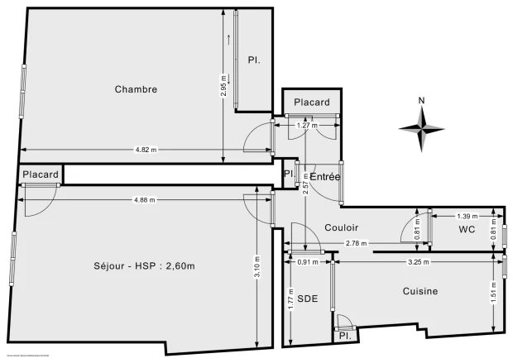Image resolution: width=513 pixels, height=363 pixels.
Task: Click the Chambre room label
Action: [x=136, y=89]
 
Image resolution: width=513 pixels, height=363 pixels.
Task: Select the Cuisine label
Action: [x=420, y=291]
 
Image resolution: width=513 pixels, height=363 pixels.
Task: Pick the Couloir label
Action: [x=318, y=227]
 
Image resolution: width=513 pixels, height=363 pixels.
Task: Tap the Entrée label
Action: [x=325, y=177]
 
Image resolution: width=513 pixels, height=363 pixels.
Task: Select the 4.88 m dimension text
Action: [x=146, y=198]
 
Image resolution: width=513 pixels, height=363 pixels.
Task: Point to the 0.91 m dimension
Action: [x=307, y=263]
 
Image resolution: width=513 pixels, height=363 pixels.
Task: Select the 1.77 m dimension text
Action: [x=291, y=299]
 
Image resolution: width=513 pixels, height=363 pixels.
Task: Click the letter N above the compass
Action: [x=421, y=102]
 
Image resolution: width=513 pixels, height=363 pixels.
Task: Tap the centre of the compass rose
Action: [x=421, y=128]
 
